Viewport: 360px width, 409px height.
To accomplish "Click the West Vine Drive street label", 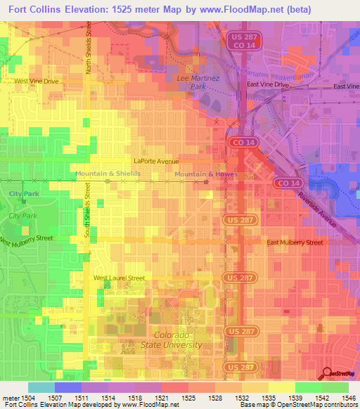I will pyautogui.click(x=37, y=82).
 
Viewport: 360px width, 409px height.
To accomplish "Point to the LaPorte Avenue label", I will pyautogui.click(x=158, y=161).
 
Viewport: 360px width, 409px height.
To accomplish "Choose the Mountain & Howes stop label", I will pyautogui.click(x=206, y=174).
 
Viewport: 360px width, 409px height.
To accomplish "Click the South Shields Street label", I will pyautogui.click(x=88, y=209).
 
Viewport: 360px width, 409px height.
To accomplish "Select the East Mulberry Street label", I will pyautogui.click(x=295, y=242).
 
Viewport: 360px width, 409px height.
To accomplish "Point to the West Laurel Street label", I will pyautogui.click(x=120, y=278).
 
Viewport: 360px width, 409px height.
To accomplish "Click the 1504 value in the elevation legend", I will pyautogui.click(x=15, y=398).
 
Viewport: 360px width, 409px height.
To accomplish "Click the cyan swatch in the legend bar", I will pyautogui.click(x=41, y=387).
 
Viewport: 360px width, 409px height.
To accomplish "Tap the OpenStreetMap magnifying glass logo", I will pyautogui.click(x=328, y=375).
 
